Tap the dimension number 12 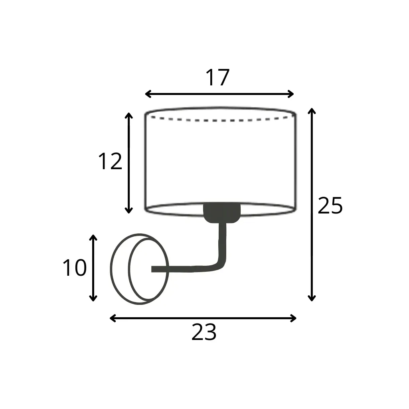(x=110, y=162)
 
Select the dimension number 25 (x=330, y=206)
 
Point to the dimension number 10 (x=75, y=268)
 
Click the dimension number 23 (x=204, y=332)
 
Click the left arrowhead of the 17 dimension (x=147, y=94)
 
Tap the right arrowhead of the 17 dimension (x=292, y=94)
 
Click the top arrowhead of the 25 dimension (x=312, y=110)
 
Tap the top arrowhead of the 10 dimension (x=93, y=237)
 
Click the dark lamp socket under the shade (x=222, y=213)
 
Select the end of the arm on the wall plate (x=154, y=269)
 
